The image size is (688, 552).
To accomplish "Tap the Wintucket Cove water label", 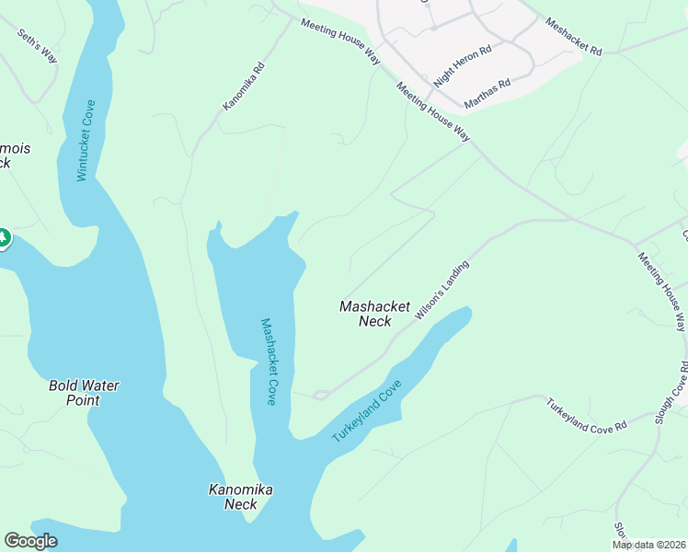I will tap(86, 140).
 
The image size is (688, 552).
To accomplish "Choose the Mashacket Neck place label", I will tap(374, 314).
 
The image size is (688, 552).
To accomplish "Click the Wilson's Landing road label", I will tap(442, 290).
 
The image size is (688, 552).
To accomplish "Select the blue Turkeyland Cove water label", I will tap(368, 410).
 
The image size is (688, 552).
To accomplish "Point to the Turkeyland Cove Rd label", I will tap(586, 415).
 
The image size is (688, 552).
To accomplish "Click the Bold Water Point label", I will tap(84, 393).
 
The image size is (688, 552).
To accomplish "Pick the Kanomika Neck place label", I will tap(240, 497).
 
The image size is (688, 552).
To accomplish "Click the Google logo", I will tap(30, 541).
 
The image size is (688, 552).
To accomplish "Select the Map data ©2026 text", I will tap(648, 545).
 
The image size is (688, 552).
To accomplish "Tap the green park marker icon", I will tap(4, 238).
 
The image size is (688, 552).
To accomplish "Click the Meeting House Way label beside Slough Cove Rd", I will tap(663, 291).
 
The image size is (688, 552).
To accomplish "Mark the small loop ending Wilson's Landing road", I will tap(319, 396).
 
